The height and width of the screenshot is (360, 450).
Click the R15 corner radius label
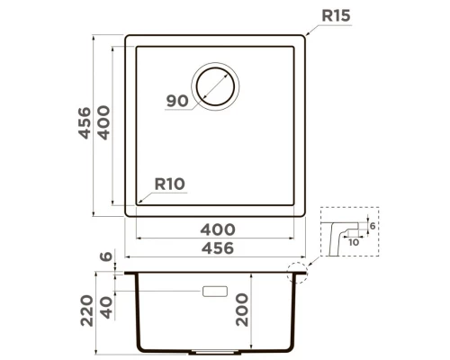[x=336, y=16]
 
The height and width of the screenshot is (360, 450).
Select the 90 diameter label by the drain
[x=177, y=101]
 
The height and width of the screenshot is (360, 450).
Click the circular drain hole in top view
[x=216, y=88]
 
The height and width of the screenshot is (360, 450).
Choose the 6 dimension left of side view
[x=107, y=257]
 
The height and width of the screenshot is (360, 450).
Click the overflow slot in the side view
[x=216, y=292]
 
